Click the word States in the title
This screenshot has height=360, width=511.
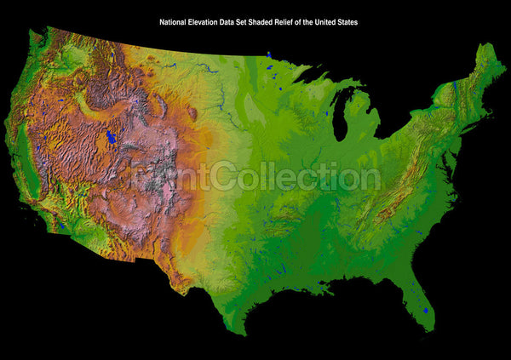click(347, 22)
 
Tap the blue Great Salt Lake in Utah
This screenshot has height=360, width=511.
click(110, 136)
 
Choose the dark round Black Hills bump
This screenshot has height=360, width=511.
click(192, 111)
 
